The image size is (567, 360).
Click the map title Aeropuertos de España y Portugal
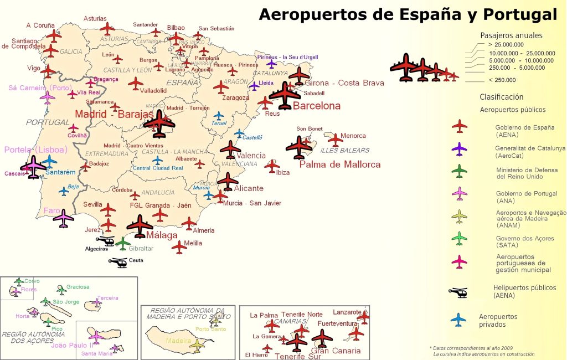point(408,14)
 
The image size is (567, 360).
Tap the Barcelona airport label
point(317,106)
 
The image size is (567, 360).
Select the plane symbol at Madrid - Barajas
point(159,124)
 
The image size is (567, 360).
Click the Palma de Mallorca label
point(340,164)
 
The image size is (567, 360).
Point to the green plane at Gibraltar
point(123,243)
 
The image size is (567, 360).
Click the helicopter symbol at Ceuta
point(118,262)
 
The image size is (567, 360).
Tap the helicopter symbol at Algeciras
point(105,241)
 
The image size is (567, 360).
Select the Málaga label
point(162,235)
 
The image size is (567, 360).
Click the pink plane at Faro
point(64,218)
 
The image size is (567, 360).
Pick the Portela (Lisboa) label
point(35,150)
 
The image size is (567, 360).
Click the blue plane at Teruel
point(219,116)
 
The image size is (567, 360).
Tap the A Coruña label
point(40,25)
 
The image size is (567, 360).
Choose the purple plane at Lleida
point(254,86)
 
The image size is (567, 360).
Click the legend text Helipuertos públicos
point(524,287)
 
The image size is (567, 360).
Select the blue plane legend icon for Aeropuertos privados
point(458,319)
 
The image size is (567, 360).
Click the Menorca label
point(353,136)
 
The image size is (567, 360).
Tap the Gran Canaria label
point(336,351)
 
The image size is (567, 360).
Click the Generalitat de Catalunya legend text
point(530,148)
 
